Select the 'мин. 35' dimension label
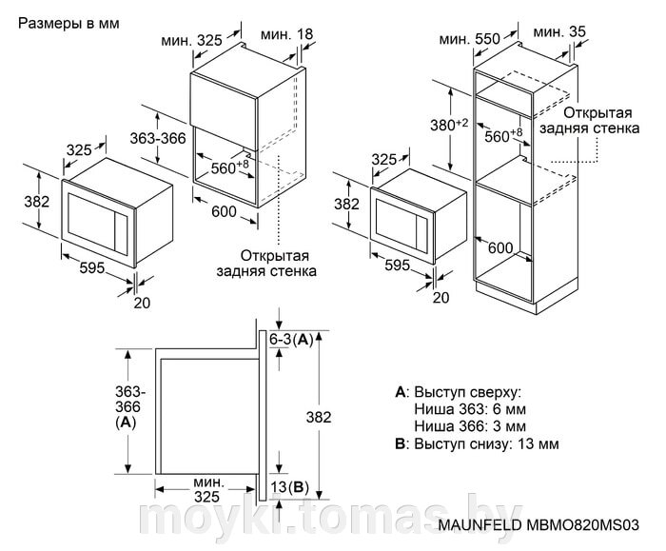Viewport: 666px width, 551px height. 560,32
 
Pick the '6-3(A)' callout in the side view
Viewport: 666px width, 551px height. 291,339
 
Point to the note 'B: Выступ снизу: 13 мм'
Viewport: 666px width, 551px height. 476,443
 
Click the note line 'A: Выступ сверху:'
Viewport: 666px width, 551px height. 456,392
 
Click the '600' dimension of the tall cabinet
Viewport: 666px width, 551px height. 500,248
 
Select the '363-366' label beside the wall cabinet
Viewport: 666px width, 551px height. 156,138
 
